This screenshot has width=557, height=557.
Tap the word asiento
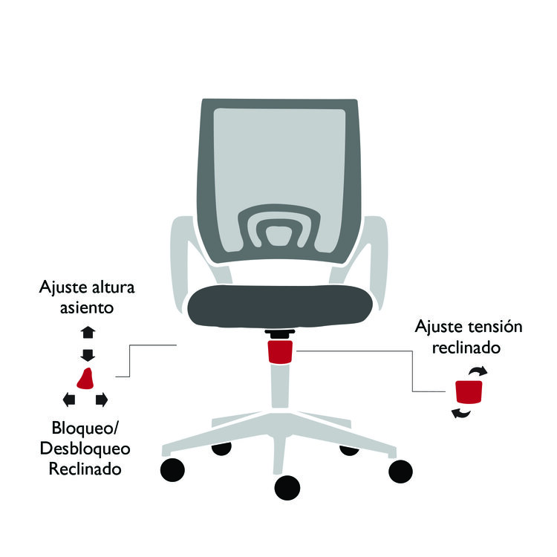(87, 307)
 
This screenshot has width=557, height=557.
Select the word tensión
(495, 327)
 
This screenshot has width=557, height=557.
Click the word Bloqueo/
(85, 428)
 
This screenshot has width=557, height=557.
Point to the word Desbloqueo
(85, 449)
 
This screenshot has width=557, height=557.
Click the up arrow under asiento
(88, 332)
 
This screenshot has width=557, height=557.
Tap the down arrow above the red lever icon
(88, 355)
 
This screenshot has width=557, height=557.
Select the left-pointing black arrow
(69, 400)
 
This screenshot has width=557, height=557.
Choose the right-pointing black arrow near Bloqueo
(102, 400)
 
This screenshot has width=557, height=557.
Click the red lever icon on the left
(85, 380)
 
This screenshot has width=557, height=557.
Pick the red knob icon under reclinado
(469, 392)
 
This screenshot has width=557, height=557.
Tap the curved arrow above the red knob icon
(478, 371)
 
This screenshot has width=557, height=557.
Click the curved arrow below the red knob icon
(460, 414)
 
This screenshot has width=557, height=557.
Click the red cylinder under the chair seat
(280, 352)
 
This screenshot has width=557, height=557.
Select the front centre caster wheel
(287, 487)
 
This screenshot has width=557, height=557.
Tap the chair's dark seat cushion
(280, 305)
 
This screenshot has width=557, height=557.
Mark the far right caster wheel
(400, 472)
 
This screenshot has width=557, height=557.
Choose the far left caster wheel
(172, 469)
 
